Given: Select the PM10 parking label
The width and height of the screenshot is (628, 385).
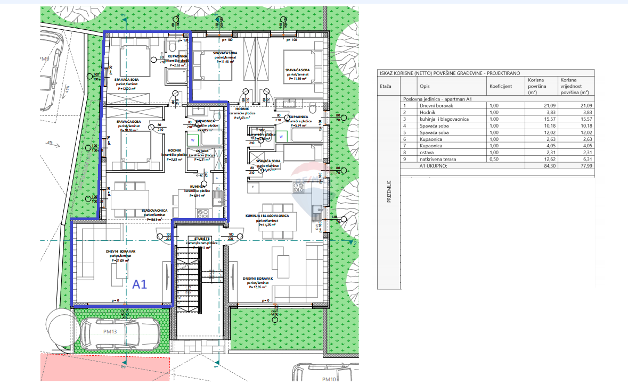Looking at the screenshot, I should pyautogui.click(x=330, y=379).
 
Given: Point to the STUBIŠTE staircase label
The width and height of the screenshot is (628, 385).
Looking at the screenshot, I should pyautogui.click(x=202, y=239).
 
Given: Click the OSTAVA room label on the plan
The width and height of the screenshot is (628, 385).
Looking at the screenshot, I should pyautogui.click(x=202, y=150).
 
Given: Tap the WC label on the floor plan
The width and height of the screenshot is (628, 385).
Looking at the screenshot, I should pyautogui.click(x=262, y=129).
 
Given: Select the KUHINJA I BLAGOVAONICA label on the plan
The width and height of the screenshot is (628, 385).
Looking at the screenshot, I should pyautogui.click(x=267, y=216).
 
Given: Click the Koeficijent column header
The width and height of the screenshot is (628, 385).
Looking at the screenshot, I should pyautogui.click(x=501, y=85).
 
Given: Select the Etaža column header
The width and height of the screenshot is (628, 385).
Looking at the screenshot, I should pyautogui.click(x=386, y=85).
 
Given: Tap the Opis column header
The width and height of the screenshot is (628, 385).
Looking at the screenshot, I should pyautogui.click(x=425, y=85).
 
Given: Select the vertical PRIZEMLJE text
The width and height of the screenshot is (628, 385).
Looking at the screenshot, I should pyautogui.click(x=389, y=191).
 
